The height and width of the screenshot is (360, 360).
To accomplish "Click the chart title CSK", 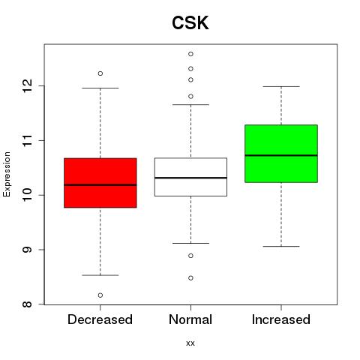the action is [x=190, y=22].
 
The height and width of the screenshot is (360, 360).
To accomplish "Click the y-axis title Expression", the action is [x=7, y=174].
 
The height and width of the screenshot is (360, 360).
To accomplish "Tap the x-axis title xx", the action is [x=190, y=343].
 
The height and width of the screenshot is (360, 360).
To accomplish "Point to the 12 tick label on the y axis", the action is [x=28, y=85].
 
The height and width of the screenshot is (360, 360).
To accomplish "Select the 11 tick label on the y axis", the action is [x=28, y=140].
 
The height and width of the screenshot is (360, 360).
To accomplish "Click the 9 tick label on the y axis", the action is [x=28, y=250].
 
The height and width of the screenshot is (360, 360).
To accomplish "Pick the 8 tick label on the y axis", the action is [x=28, y=304].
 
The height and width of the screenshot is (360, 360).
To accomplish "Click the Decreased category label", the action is [x=100, y=319].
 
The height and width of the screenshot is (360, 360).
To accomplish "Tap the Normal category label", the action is [x=190, y=319].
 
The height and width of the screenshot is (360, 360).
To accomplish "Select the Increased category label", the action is [x=281, y=319].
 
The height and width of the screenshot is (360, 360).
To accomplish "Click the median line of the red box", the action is [x=100, y=185].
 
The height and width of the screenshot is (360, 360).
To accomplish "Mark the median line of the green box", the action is [x=281, y=155].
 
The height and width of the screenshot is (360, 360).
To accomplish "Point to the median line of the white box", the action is [x=190, y=178].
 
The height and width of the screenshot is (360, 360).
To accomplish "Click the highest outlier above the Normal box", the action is [x=190, y=54].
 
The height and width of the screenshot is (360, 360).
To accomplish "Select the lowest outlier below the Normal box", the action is [x=190, y=278].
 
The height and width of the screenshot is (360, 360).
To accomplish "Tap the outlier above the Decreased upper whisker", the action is [x=100, y=73].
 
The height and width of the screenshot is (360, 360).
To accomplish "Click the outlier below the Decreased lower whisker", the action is [x=100, y=295].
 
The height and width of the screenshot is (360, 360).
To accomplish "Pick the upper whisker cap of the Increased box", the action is [x=281, y=86].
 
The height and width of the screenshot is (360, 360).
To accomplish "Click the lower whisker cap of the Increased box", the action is [x=281, y=246].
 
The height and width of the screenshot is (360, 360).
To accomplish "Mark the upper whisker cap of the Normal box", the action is [x=190, y=104].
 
